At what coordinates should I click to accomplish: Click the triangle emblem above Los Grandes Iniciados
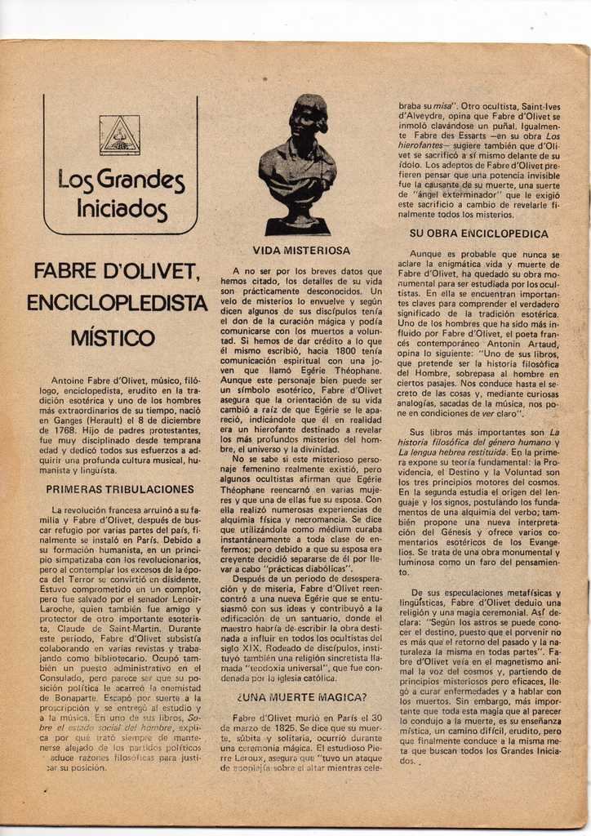pos(119,135)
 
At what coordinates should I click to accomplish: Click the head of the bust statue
pos(307,117)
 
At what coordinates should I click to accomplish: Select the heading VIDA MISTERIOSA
pos(301,251)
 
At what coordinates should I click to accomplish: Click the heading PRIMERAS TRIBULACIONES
pos(120,490)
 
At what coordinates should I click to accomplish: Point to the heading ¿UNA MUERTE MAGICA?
pos(301,697)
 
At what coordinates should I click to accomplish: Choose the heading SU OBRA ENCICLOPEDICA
pos(478,234)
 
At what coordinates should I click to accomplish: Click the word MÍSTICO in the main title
pos(113,338)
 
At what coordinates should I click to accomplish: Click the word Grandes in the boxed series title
pos(140,180)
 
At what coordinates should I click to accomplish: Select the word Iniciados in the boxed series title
pos(122,209)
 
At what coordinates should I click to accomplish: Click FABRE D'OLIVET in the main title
pos(115,270)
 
